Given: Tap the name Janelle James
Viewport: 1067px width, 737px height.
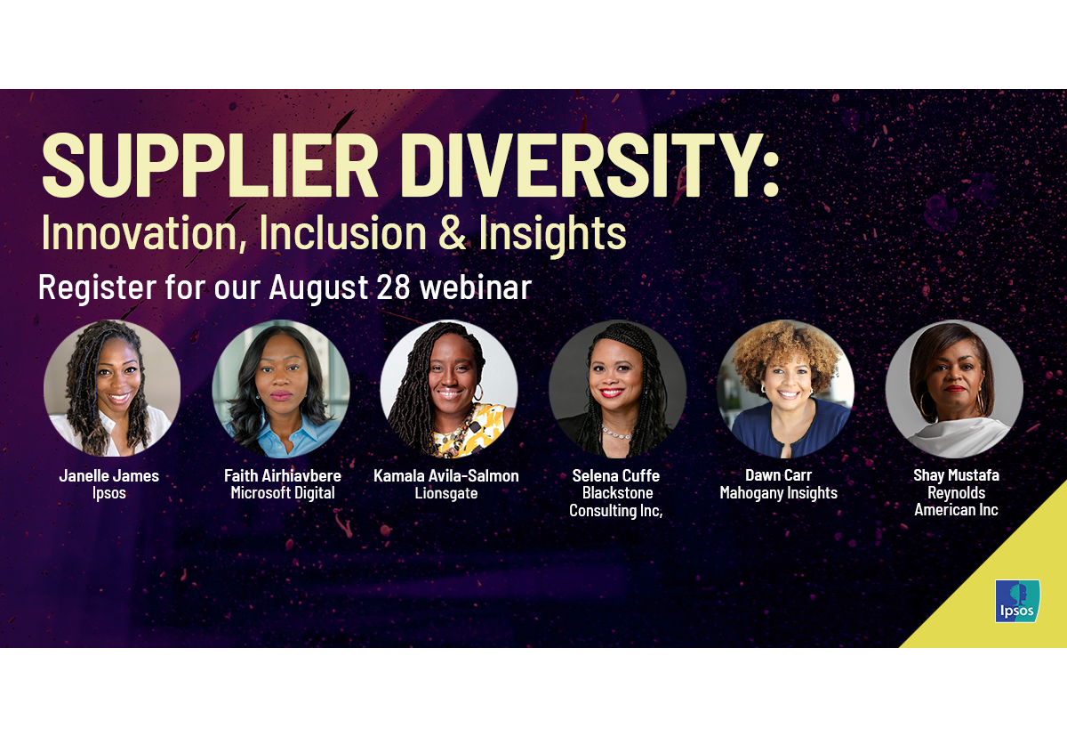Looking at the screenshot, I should pyautogui.click(x=109, y=475).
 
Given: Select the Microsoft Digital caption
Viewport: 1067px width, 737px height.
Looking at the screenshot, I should pyautogui.click(x=283, y=493).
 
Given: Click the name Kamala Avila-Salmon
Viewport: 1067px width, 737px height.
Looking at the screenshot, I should pyautogui.click(x=446, y=475).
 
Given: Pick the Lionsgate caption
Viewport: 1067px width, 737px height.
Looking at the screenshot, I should pyautogui.click(x=446, y=493).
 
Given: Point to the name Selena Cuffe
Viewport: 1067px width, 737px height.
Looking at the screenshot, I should pyautogui.click(x=616, y=475).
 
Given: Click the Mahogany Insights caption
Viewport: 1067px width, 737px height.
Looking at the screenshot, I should pyautogui.click(x=779, y=493).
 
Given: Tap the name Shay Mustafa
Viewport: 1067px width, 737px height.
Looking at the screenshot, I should pyautogui.click(x=956, y=475).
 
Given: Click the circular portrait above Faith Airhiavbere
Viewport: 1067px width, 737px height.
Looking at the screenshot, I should pyautogui.click(x=281, y=389).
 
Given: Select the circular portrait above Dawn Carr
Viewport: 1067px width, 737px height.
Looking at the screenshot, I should pyautogui.click(x=785, y=389).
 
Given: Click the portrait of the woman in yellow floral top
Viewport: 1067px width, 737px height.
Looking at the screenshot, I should pyautogui.click(x=449, y=389).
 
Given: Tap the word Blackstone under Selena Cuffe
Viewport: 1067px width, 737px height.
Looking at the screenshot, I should pyautogui.click(x=617, y=493).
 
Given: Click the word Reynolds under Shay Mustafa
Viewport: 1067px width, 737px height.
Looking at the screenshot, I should pyautogui.click(x=956, y=493).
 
